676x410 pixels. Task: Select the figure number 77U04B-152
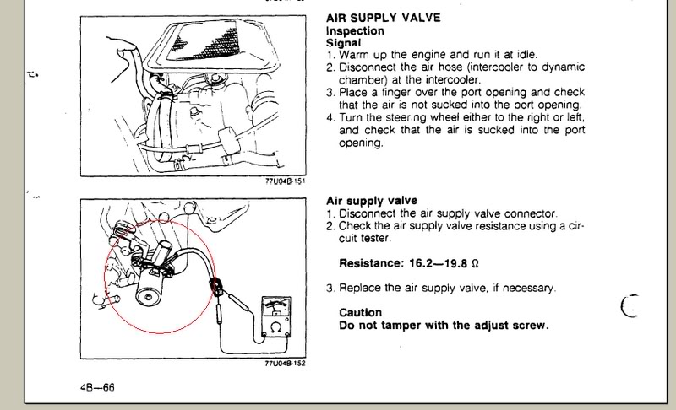tap(286, 364)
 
